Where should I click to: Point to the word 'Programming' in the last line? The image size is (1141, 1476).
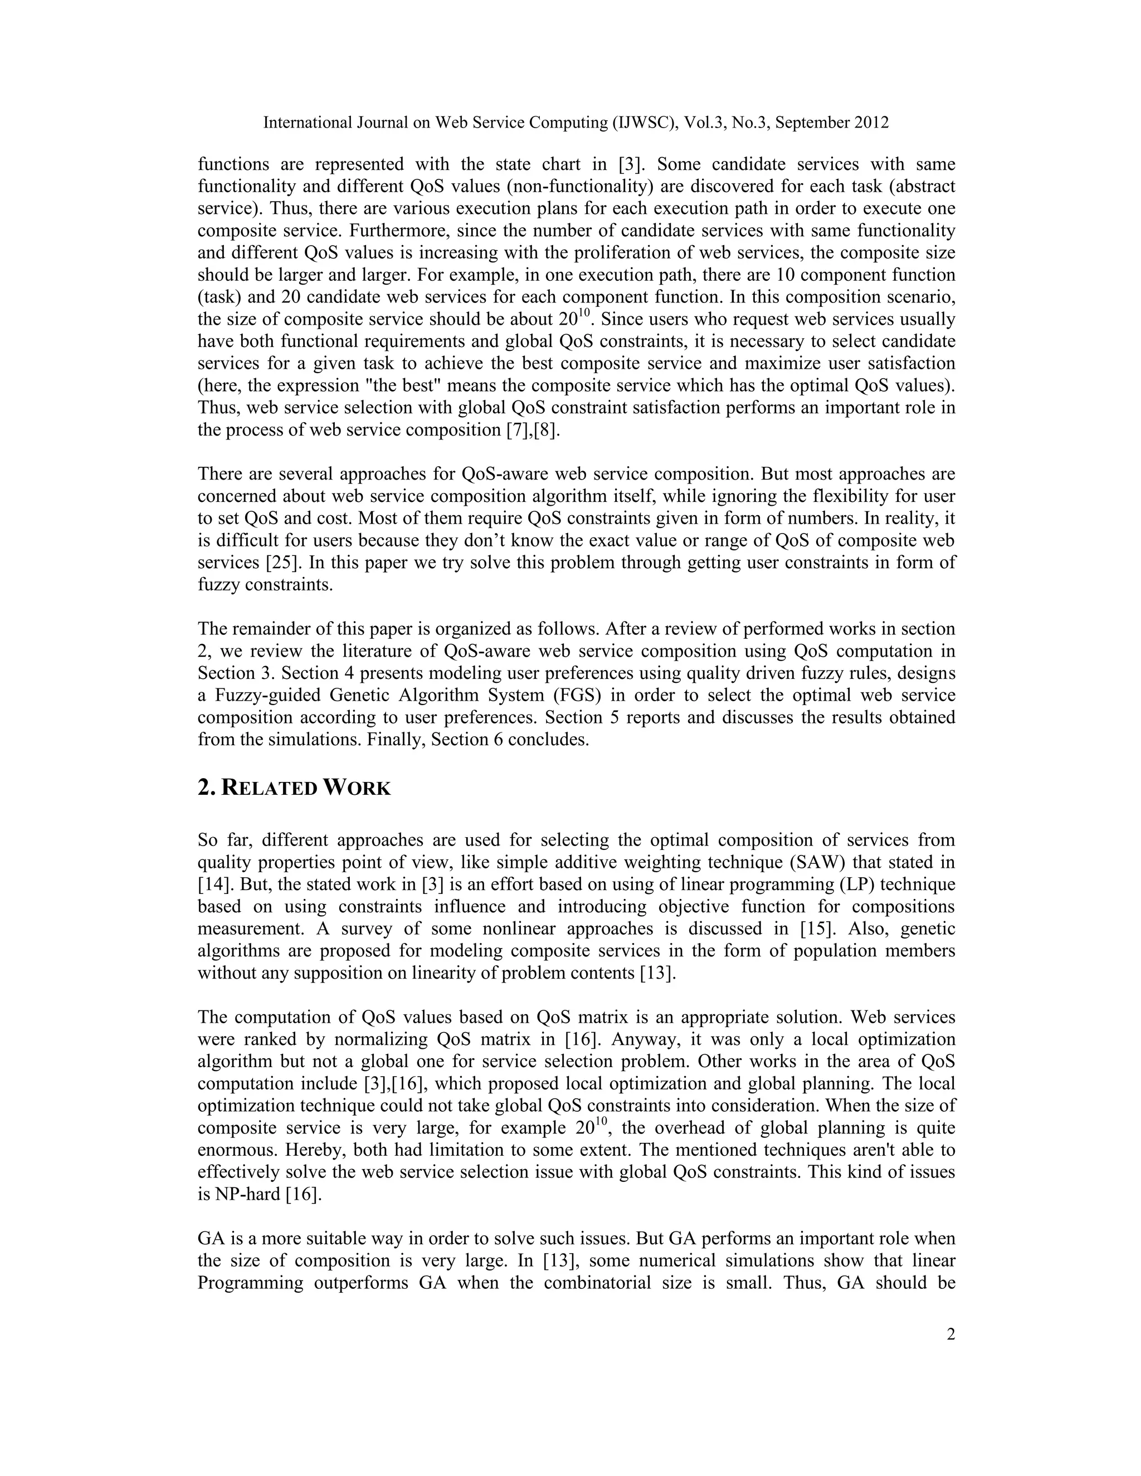click(250, 1283)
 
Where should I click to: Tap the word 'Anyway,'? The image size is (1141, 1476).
click(644, 1039)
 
